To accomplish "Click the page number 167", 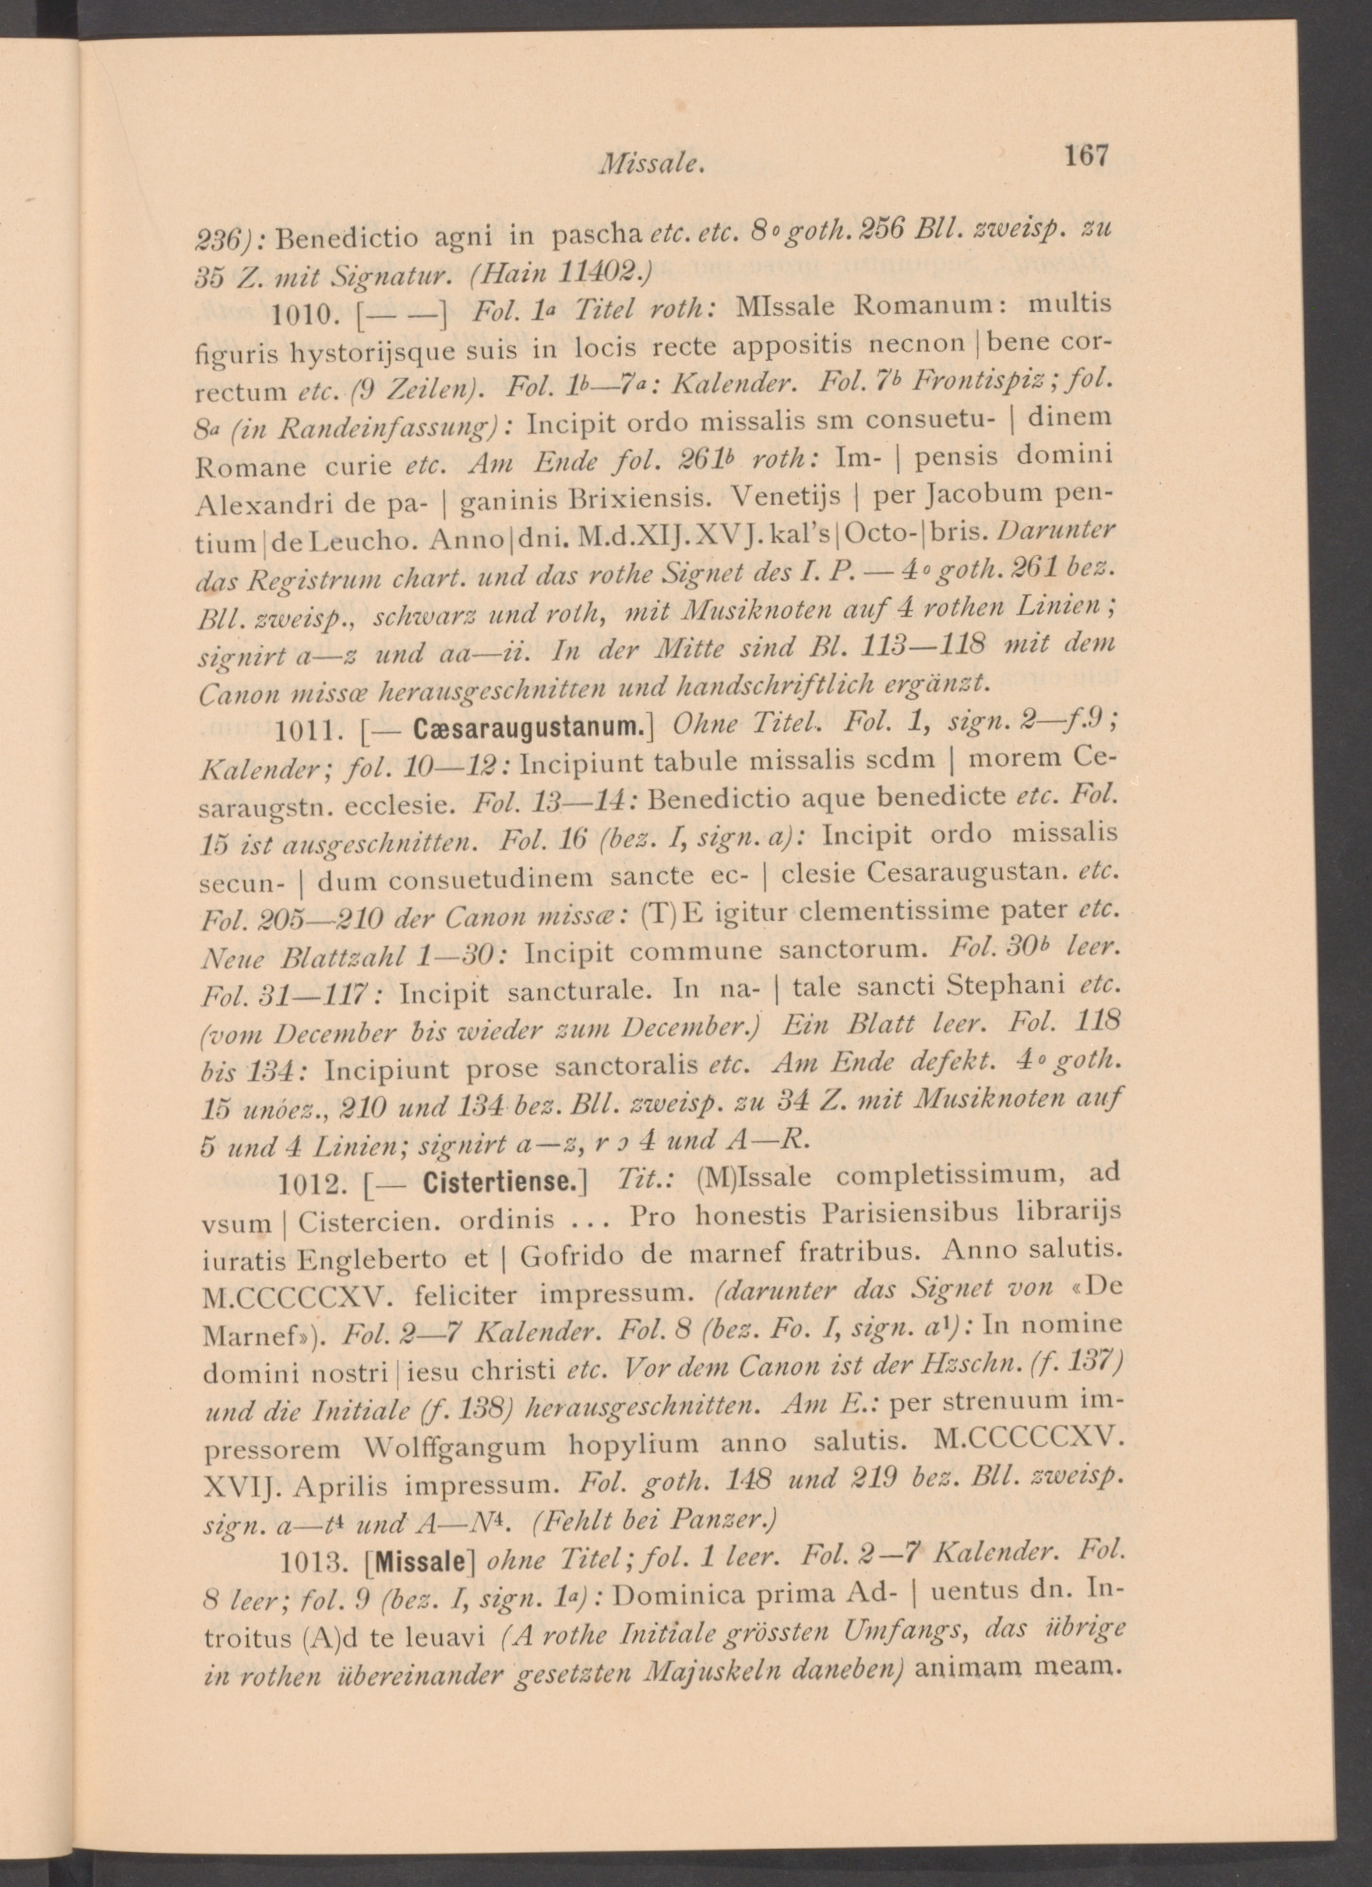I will click(x=1085, y=156).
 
